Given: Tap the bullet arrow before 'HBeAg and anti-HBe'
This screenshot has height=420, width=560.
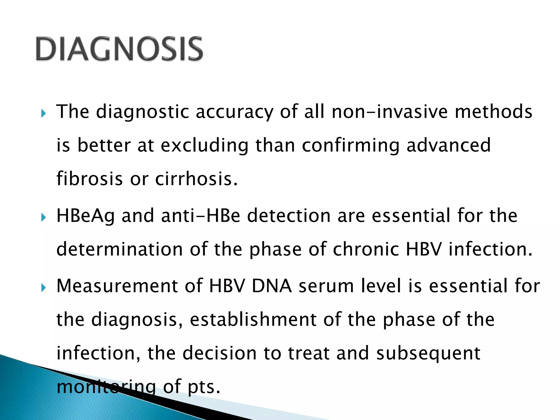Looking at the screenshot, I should (x=43, y=218).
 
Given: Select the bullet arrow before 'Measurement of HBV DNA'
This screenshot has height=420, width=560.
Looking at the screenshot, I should (x=43, y=288).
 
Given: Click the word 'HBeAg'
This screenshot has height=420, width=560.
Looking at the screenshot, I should (x=86, y=216).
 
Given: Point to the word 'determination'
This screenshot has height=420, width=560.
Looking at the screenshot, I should (x=119, y=249).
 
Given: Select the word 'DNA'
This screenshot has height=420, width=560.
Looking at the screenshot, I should (x=272, y=286).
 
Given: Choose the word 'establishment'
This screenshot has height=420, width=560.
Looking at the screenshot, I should (x=253, y=319).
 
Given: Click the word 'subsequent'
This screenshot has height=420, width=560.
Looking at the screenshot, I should (x=428, y=353).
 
